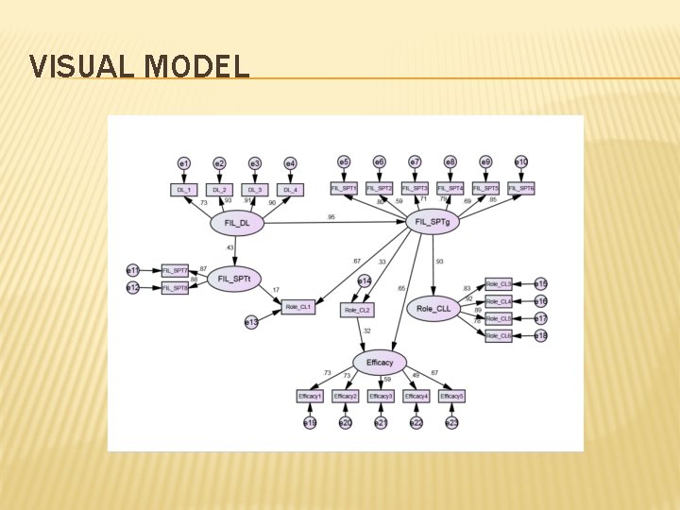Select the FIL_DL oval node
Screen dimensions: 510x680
click(237, 223)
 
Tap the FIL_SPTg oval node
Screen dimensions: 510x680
click(433, 223)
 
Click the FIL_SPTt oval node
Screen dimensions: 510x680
click(233, 280)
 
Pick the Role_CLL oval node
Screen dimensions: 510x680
click(433, 308)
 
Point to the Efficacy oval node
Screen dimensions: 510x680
click(380, 362)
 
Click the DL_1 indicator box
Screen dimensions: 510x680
click(184, 190)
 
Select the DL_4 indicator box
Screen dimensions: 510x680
click(290, 190)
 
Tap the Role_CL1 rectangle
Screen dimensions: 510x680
click(297, 307)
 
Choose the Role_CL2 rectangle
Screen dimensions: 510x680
click(357, 309)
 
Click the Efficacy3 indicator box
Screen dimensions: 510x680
click(381, 396)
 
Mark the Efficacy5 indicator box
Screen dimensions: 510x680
click(451, 396)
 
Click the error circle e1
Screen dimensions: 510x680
click(184, 163)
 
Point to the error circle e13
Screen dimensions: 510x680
click(250, 322)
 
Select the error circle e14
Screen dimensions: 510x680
click(364, 280)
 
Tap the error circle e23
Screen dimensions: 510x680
click(451, 422)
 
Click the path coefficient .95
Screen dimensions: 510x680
click(331, 217)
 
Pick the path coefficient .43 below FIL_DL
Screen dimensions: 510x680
click(230, 247)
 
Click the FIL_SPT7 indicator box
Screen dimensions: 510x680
click(175, 270)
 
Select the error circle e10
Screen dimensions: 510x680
click(521, 162)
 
